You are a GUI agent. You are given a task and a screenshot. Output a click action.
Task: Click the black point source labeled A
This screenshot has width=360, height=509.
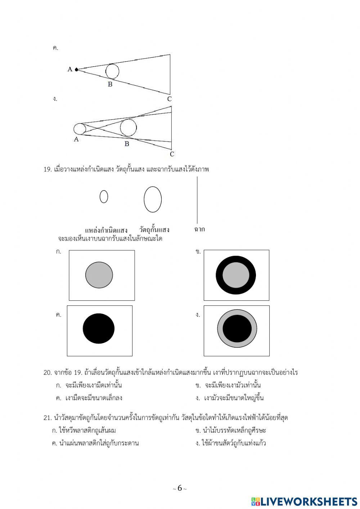click(x=76, y=70)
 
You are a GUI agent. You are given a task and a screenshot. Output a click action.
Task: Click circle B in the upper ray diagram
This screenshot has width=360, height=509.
click(x=112, y=71)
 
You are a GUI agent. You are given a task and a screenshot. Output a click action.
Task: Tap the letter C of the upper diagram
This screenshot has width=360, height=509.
click(x=169, y=99)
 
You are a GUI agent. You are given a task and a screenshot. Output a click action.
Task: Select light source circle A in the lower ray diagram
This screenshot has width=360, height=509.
click(x=79, y=129)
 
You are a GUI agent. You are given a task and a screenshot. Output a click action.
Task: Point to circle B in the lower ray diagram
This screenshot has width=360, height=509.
click(x=128, y=128)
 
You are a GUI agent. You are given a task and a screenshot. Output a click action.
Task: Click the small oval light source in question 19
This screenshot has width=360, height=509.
click(x=104, y=197)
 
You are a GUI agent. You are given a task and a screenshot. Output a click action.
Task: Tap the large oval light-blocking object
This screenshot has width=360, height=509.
click(x=153, y=200)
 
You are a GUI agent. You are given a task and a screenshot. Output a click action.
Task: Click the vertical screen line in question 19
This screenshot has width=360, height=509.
click(x=197, y=200)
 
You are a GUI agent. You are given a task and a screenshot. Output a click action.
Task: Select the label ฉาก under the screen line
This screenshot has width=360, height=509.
click(x=199, y=229)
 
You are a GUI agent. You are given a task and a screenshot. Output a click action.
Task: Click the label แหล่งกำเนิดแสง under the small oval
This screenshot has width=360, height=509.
click(x=106, y=230)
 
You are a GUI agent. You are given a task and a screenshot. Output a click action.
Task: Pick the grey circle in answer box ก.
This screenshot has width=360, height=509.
click(x=99, y=275)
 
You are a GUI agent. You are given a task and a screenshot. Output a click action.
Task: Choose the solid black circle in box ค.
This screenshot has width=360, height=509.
click(x=99, y=329)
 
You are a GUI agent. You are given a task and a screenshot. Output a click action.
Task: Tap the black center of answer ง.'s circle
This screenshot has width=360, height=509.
click(x=237, y=329)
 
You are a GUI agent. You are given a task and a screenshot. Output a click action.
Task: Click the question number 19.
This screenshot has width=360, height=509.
click(x=48, y=169)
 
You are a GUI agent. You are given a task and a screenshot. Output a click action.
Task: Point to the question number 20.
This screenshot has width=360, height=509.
click(x=48, y=372)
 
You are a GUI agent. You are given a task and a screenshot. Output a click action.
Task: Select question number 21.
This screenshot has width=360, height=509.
click(x=48, y=418)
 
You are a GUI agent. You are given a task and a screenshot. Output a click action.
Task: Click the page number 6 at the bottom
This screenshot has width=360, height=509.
click(x=180, y=488)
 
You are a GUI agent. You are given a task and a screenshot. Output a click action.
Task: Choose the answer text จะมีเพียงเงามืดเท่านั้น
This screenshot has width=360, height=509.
click(x=94, y=385)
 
